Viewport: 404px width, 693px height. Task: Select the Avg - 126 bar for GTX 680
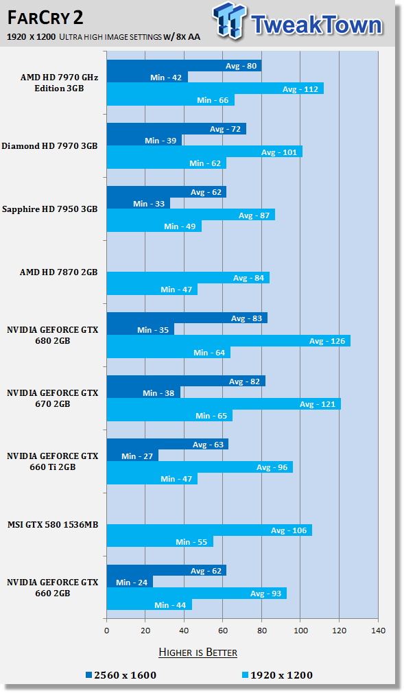click(x=228, y=341)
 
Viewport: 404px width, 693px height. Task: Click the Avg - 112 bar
click(x=215, y=89)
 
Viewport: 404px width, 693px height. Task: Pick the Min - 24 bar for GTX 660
click(x=130, y=582)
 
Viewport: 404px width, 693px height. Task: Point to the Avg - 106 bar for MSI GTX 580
click(x=209, y=530)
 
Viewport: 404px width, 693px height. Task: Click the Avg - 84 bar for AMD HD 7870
click(x=188, y=278)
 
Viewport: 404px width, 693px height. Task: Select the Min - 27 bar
click(x=132, y=456)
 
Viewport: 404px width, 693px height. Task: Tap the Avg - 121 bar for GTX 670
click(x=224, y=404)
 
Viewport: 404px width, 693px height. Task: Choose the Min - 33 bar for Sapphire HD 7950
click(x=138, y=203)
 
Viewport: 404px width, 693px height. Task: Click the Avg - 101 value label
click(x=279, y=152)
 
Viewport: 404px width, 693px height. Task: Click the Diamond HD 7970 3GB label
click(x=49, y=146)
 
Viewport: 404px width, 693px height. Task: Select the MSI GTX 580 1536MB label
click(x=52, y=525)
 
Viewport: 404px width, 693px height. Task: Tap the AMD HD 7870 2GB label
click(x=58, y=272)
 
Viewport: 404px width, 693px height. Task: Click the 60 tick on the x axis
click(x=223, y=630)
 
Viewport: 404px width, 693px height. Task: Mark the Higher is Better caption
click(x=198, y=652)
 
